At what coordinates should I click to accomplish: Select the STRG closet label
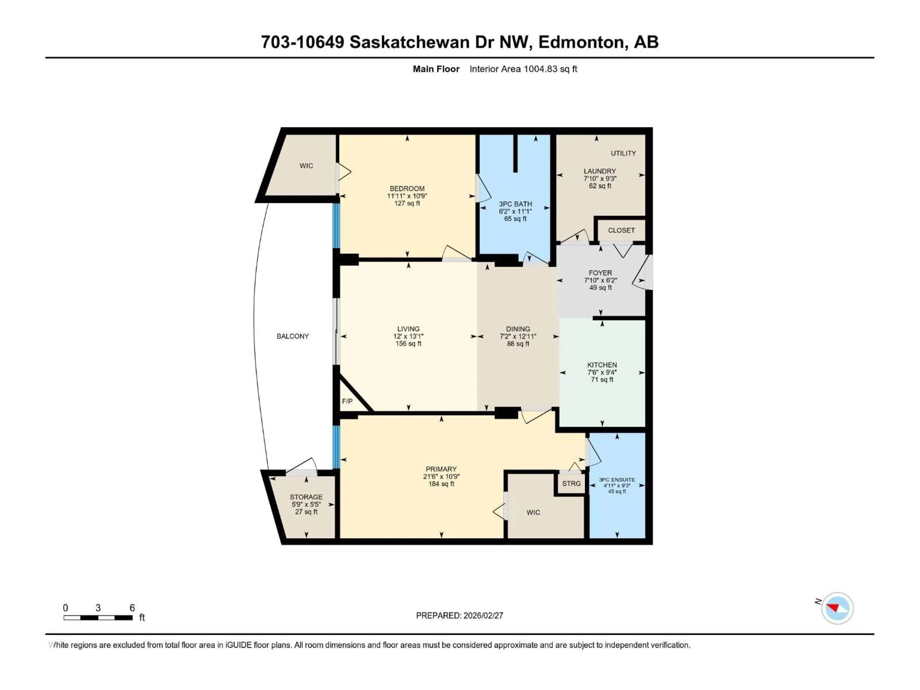click(x=571, y=483)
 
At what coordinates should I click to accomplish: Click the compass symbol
click(x=837, y=608)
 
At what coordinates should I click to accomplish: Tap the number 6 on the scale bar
click(x=132, y=608)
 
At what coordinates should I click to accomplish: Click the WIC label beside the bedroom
click(x=306, y=166)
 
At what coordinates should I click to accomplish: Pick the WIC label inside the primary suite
click(x=533, y=512)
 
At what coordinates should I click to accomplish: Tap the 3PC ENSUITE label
click(x=617, y=480)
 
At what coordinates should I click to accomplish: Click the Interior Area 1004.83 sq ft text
click(x=523, y=69)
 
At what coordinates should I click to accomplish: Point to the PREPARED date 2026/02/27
click(x=460, y=615)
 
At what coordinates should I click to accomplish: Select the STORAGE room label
click(x=306, y=497)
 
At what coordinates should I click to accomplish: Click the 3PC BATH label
click(x=515, y=204)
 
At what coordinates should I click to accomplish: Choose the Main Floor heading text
click(x=436, y=69)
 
